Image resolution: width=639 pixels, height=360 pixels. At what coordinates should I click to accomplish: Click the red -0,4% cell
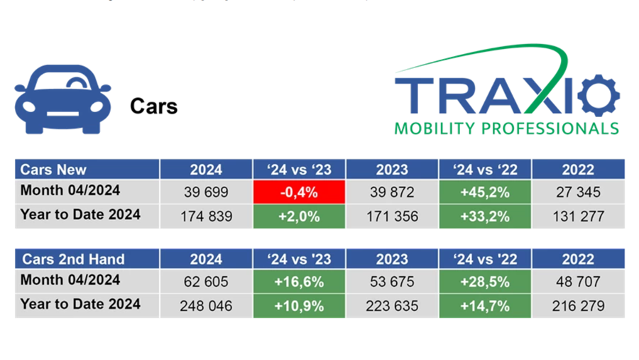(x=299, y=192)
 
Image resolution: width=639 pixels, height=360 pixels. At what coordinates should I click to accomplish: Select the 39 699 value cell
(x=206, y=192)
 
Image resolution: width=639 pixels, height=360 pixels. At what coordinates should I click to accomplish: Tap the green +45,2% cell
(x=486, y=192)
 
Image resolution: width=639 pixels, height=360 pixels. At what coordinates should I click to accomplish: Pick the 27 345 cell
(x=578, y=192)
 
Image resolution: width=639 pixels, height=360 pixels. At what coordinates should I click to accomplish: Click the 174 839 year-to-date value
(x=206, y=216)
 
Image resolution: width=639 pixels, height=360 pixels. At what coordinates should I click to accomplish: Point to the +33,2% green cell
(x=486, y=216)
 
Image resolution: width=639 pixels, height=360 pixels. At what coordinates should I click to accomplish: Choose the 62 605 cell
(x=206, y=281)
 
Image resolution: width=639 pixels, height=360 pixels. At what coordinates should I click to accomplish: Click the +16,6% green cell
(x=299, y=281)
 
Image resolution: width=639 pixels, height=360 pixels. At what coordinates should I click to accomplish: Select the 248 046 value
(x=206, y=305)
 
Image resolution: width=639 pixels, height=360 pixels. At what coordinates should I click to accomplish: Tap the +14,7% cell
(x=486, y=305)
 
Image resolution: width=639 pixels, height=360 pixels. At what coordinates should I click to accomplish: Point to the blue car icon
(x=62, y=99)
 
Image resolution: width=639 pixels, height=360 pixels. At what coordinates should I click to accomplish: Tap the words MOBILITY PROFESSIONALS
(x=506, y=129)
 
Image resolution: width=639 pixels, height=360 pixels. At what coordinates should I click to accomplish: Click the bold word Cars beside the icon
(x=153, y=107)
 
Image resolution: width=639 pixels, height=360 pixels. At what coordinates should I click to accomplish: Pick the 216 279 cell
(x=578, y=305)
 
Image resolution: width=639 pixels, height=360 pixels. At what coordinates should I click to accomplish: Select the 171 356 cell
(x=392, y=216)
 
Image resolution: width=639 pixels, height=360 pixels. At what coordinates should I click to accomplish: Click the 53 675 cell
(x=392, y=281)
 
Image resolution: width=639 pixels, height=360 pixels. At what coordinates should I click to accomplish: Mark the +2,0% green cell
(x=299, y=216)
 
